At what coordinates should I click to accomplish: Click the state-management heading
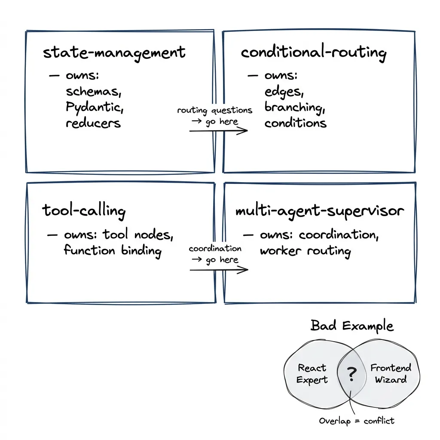click(114, 53)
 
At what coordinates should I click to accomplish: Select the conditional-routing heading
click(313, 53)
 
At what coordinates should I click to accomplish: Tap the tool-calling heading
click(84, 211)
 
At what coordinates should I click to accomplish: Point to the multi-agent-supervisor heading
click(320, 211)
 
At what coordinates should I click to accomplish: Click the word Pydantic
click(95, 107)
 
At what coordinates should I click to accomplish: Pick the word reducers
click(93, 123)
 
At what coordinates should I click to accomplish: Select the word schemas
click(91, 92)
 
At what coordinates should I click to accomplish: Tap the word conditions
click(295, 123)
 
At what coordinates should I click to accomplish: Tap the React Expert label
click(312, 374)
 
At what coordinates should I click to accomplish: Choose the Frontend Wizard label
click(391, 373)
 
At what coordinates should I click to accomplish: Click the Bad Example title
click(351, 326)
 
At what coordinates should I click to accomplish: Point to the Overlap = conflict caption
click(356, 421)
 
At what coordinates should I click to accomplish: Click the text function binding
click(113, 251)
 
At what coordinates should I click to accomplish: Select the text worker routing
click(305, 251)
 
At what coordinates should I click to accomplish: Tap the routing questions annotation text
click(215, 111)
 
